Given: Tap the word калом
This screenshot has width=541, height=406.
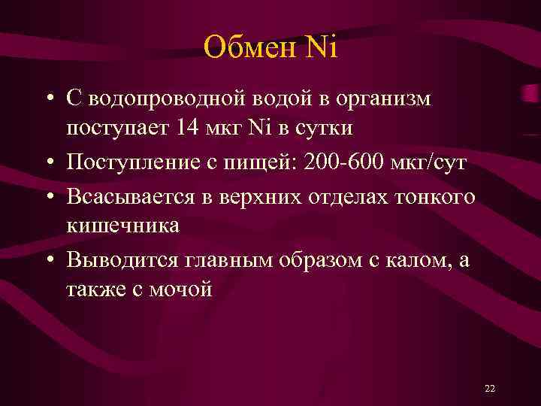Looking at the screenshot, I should point(419,260).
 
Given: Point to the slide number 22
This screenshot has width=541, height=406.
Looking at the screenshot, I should point(490,388).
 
